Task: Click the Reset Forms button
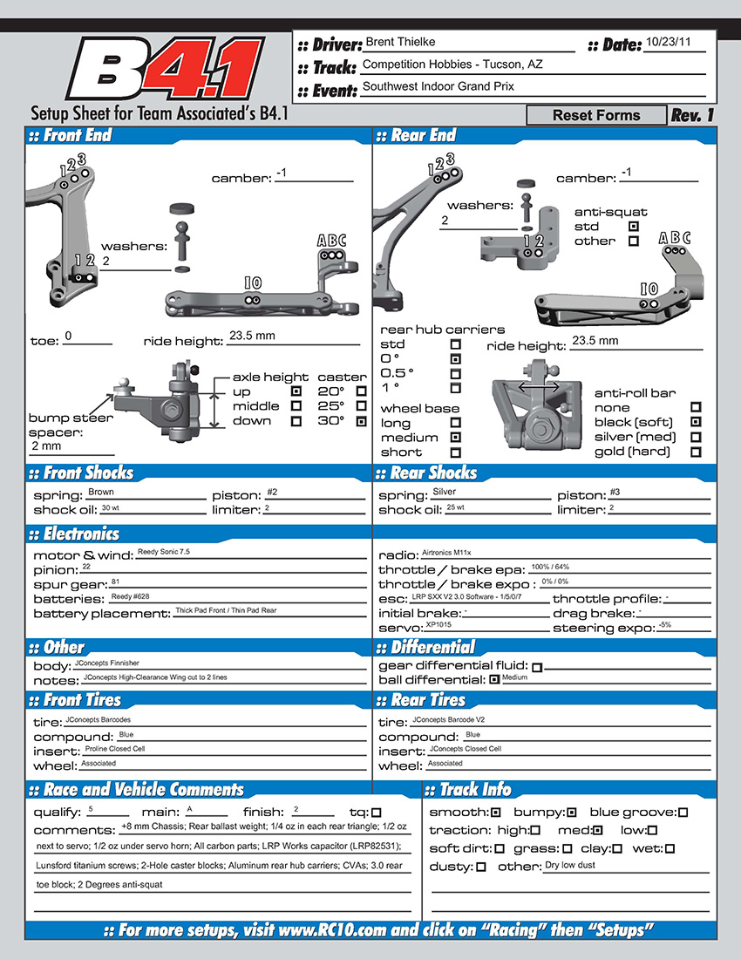tap(596, 115)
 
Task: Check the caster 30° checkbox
tap(362, 421)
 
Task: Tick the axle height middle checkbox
tap(296, 406)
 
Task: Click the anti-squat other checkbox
tap(634, 241)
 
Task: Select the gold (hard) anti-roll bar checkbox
tap(696, 452)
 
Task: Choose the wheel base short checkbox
tap(455, 452)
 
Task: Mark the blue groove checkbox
tap(683, 813)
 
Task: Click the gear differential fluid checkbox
tap(537, 667)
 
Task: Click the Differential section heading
tap(432, 648)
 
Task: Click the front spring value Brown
tap(101, 493)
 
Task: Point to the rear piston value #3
tap(615, 493)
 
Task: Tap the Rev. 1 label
tap(692, 115)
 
